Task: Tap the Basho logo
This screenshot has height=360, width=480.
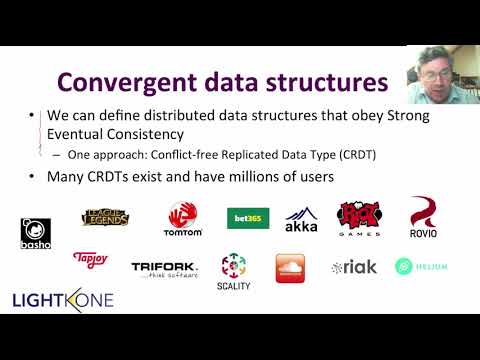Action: click(x=35, y=233)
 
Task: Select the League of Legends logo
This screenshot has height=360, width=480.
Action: click(x=106, y=216)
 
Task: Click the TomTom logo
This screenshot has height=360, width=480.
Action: click(x=182, y=219)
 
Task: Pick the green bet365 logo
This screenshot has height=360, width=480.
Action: click(x=247, y=218)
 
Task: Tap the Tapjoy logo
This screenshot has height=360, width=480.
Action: click(x=90, y=259)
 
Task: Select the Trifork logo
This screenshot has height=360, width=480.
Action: click(x=165, y=268)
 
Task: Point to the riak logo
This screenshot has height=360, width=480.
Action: click(x=354, y=267)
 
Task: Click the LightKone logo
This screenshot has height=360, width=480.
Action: click(x=62, y=299)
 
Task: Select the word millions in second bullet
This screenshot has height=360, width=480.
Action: click(x=237, y=177)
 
